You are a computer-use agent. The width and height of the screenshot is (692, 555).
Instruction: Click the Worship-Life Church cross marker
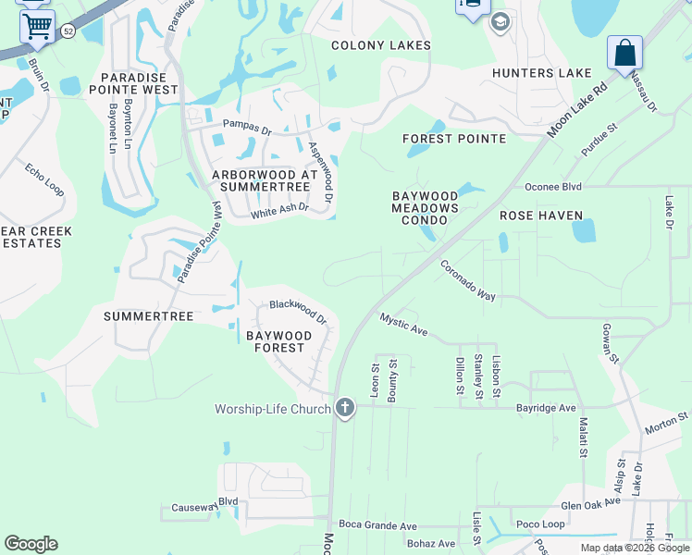pos(345,407)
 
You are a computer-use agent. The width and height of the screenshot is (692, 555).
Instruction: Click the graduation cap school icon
pos(500,22)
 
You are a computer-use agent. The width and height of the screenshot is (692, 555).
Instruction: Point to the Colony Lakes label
pos(381,45)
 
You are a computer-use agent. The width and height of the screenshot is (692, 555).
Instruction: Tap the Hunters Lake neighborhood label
pos(542,73)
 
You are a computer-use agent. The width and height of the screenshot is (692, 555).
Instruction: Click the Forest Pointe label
pos(454,139)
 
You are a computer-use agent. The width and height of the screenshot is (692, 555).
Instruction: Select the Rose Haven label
pos(541,216)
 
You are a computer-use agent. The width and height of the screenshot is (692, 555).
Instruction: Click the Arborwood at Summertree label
pos(266,180)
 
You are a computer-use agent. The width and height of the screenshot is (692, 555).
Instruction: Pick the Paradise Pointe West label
pos(127,83)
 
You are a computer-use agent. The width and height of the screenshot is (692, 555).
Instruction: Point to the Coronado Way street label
pos(468,279)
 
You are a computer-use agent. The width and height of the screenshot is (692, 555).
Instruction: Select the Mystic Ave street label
pos(403,324)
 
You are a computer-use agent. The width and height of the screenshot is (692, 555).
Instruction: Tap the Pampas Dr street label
pos(246,127)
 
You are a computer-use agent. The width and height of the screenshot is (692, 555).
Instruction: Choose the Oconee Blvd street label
pos(553,186)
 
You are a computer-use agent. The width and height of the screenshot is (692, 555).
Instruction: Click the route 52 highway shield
pos(68,31)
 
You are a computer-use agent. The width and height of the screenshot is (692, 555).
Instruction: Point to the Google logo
pos(31,544)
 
